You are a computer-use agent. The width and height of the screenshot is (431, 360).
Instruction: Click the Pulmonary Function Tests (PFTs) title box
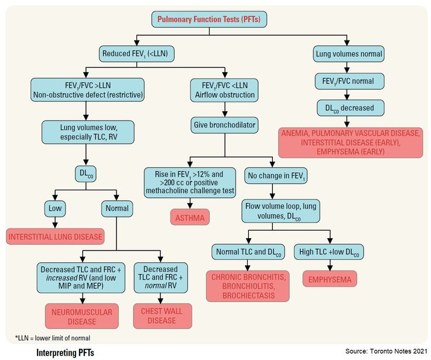click(x=210, y=19)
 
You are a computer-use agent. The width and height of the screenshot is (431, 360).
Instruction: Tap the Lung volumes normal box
click(x=348, y=54)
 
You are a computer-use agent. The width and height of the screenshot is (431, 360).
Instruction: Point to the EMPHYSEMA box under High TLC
click(x=330, y=280)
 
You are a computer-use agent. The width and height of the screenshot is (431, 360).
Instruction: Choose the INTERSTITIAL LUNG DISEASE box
click(x=55, y=237)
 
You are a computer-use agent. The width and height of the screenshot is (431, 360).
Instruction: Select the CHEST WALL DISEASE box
click(x=162, y=316)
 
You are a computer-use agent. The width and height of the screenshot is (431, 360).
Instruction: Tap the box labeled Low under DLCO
click(x=55, y=208)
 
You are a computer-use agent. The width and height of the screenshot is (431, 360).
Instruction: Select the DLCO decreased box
click(x=350, y=108)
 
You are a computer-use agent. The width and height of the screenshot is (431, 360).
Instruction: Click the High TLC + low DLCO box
click(x=330, y=252)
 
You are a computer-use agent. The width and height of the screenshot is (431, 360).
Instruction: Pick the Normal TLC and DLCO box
click(x=248, y=252)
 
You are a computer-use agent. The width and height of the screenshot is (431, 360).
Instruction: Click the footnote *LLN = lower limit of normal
click(x=52, y=338)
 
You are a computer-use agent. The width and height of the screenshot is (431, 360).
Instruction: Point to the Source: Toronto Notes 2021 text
click(x=386, y=351)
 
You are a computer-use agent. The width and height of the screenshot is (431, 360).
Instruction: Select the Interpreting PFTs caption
click(x=64, y=352)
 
